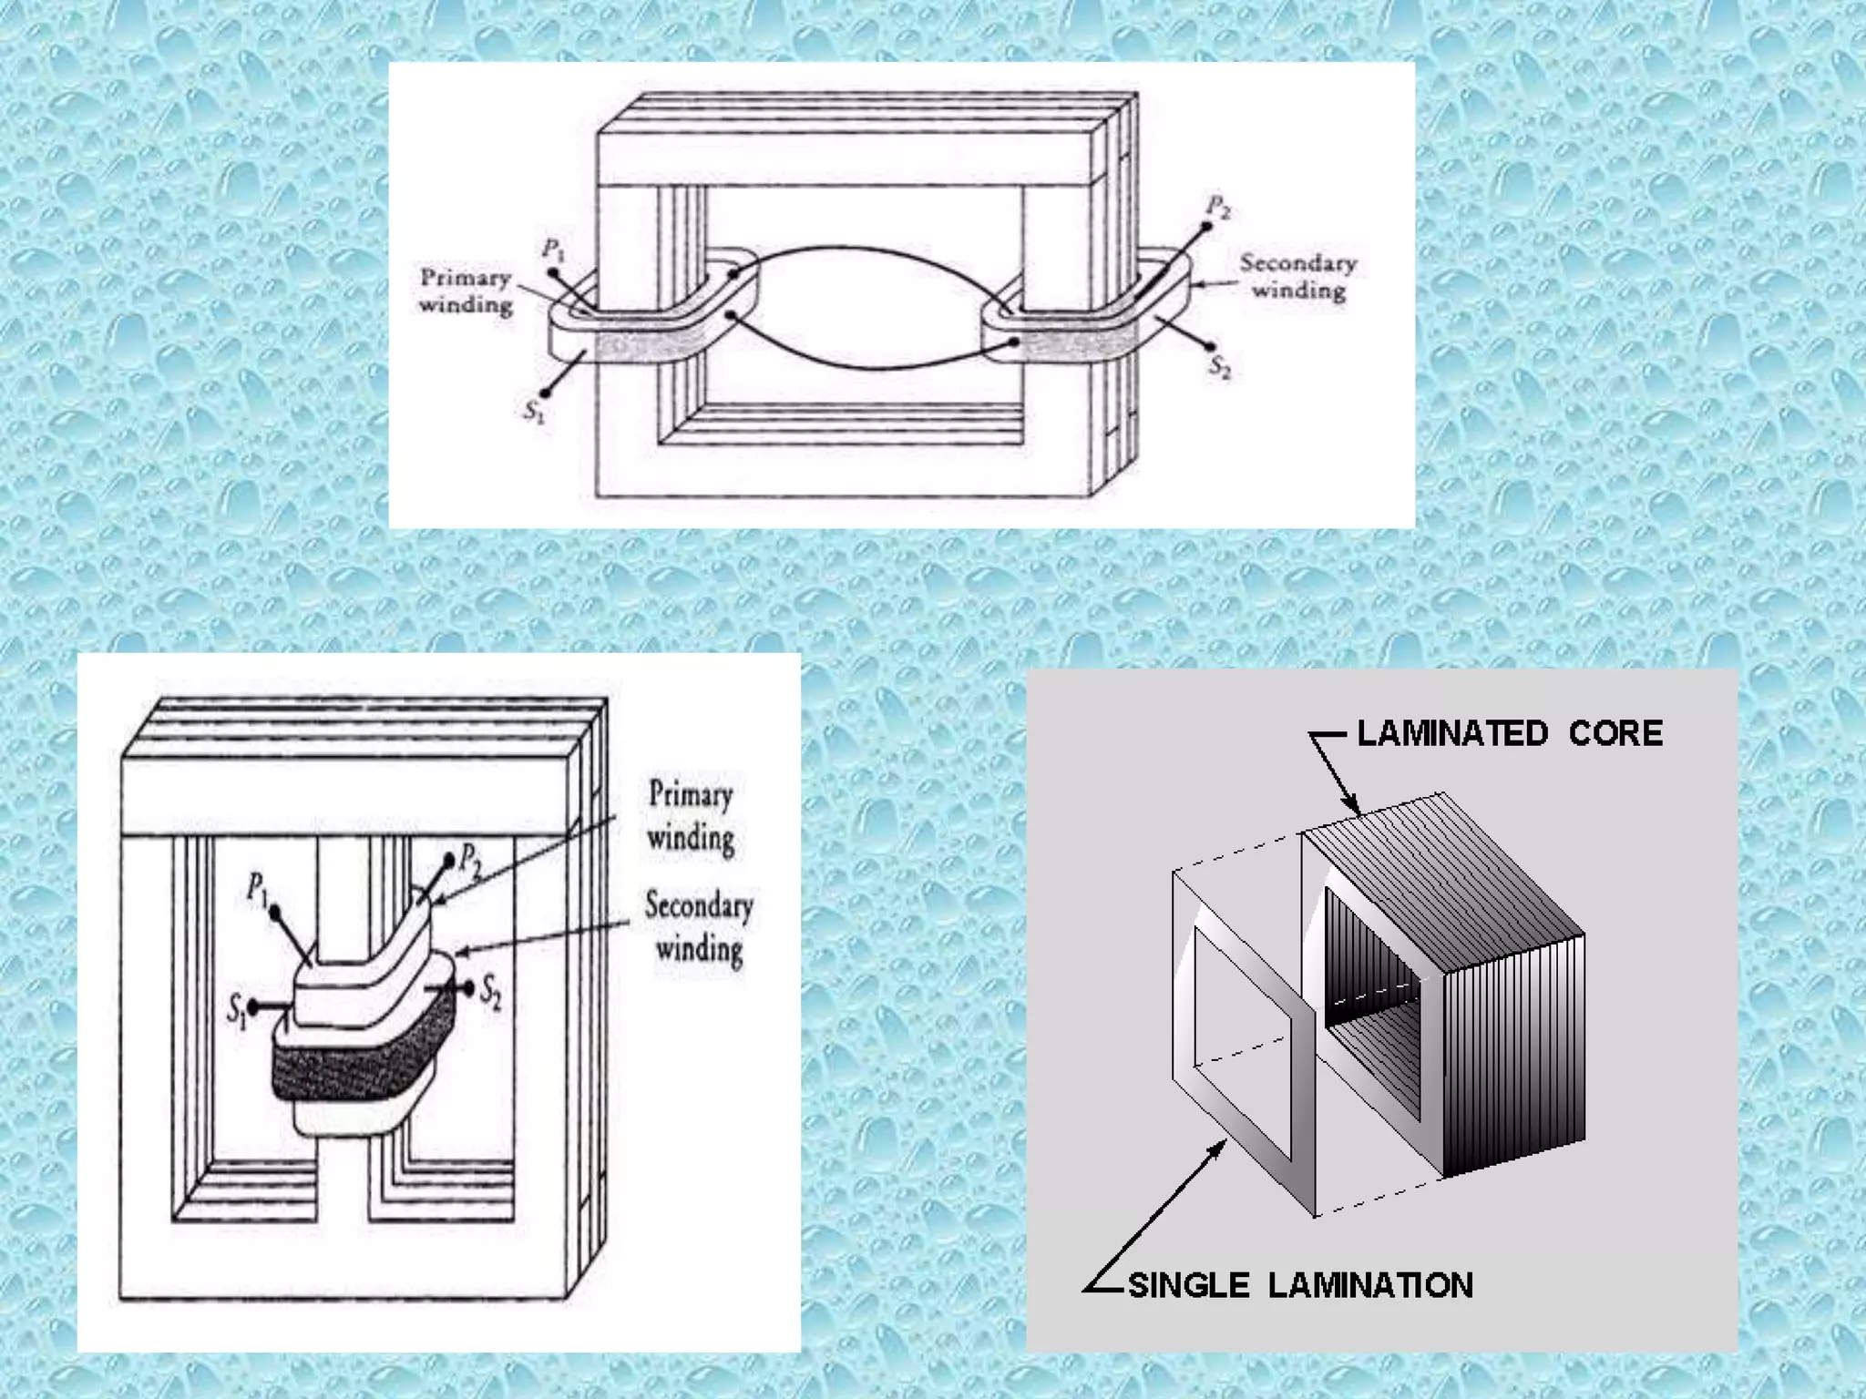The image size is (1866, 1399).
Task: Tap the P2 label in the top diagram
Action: coord(1218,208)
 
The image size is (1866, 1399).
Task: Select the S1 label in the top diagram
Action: coord(534,411)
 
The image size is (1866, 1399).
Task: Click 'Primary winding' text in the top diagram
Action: coord(466,291)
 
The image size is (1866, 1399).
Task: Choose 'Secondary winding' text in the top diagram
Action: coord(1298,276)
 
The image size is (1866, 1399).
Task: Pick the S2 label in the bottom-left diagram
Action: coord(491,991)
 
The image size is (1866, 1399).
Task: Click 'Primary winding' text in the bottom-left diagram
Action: coord(691,815)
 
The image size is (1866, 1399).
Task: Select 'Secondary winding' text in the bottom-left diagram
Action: coord(699,926)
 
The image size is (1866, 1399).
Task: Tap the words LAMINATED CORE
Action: coord(1510,733)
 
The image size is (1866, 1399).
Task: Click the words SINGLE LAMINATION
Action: coord(1300,1285)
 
